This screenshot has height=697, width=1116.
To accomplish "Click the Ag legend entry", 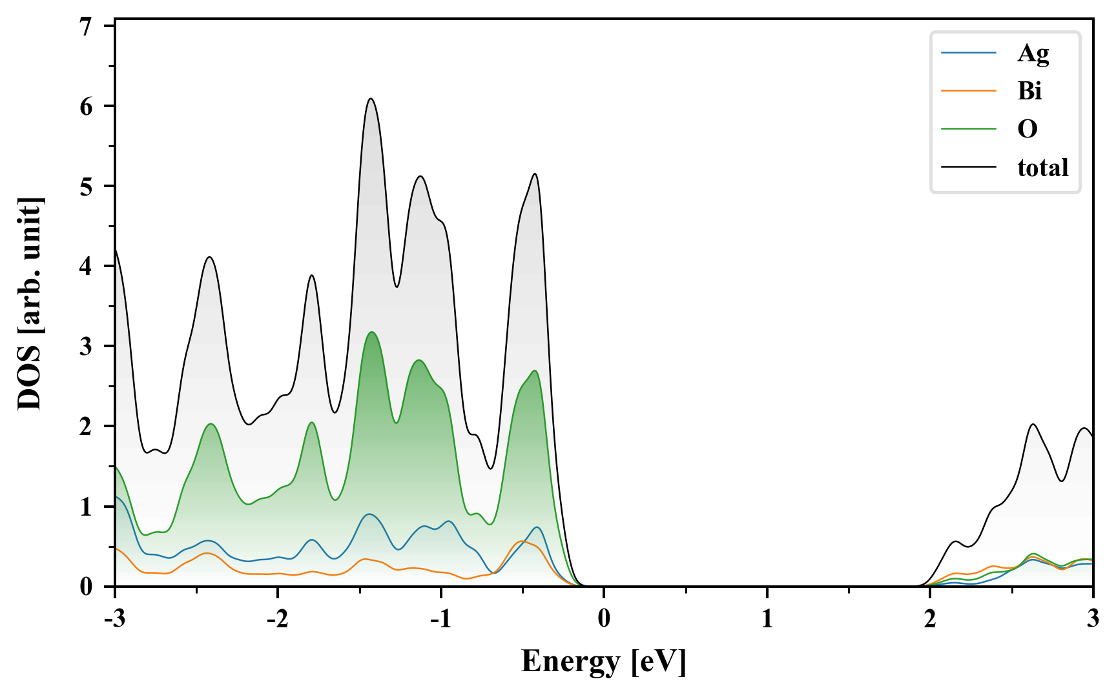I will [x=1033, y=53].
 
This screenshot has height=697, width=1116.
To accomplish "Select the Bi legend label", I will [x=1029, y=91].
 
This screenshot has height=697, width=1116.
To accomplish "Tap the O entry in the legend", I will [x=1028, y=129].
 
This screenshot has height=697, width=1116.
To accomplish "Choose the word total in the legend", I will [x=1042, y=168].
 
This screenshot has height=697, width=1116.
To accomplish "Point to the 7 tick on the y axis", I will [x=87, y=26].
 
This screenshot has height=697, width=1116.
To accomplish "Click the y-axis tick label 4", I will [x=87, y=266].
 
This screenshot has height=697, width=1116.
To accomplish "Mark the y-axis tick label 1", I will [x=87, y=507].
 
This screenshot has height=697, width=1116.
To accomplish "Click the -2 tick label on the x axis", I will [x=276, y=619].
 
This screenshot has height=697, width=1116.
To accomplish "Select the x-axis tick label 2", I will [x=930, y=619].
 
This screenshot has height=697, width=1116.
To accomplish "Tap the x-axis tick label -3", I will [x=114, y=619].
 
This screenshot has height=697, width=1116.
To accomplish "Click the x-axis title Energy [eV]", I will [x=603, y=661].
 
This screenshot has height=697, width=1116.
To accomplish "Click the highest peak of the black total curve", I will [x=371, y=99].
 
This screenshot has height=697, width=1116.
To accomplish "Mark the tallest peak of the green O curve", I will [x=371, y=332].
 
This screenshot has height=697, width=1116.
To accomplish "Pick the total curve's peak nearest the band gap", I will [x=535, y=174].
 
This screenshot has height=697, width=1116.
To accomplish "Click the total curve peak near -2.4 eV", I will [x=209, y=257].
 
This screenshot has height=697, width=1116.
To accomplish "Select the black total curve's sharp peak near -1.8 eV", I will [x=312, y=276].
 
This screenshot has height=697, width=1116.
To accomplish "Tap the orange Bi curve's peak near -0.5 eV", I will [x=522, y=541].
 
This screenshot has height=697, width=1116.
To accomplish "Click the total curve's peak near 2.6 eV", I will [x=1033, y=425].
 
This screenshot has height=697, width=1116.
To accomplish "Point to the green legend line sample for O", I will [x=968, y=129].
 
